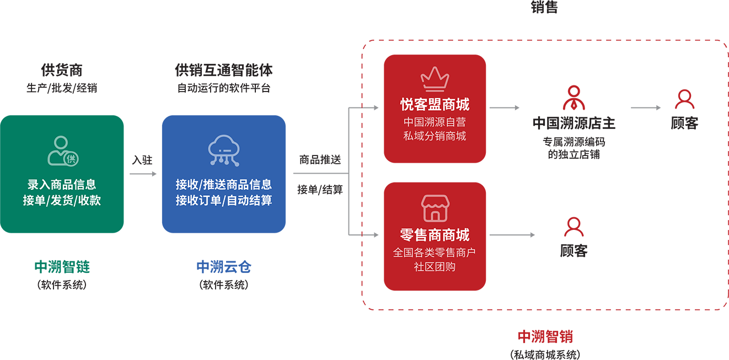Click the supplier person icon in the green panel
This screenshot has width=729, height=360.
pyautogui.click(x=62, y=151)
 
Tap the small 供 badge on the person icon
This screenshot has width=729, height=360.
pyautogui.click(x=71, y=159)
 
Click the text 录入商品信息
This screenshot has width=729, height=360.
pyautogui.click(x=62, y=185)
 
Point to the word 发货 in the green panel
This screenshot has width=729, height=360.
pyautogui.click(x=61, y=200)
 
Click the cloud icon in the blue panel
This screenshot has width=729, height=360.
pyautogui.click(x=223, y=151)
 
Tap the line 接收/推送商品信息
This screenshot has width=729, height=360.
pyautogui.click(x=223, y=185)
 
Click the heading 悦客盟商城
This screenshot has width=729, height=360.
pyautogui.click(x=435, y=104)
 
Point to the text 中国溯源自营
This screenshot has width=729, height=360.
pyautogui.click(x=435, y=122)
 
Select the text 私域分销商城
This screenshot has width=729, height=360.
pyautogui.click(x=435, y=136)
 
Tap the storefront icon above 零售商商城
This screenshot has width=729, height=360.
pyautogui.click(x=435, y=208)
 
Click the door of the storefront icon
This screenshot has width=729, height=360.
pyautogui.click(x=435, y=215)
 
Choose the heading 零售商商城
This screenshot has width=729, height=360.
pyautogui.click(x=435, y=235)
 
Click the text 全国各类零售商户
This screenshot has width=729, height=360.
pyautogui.click(x=435, y=253)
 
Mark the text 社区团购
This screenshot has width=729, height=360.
pyautogui.click(x=435, y=267)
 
